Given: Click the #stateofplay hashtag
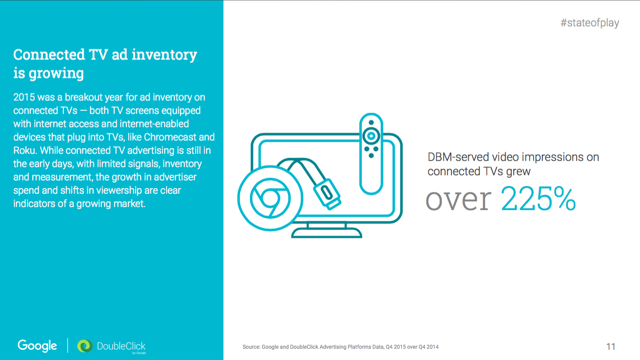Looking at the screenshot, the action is [590, 23].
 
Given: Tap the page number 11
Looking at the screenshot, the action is [610, 347].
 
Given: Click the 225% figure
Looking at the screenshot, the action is [538, 199].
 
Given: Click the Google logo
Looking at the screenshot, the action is [37, 346].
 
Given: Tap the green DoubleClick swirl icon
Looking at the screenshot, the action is [85, 346].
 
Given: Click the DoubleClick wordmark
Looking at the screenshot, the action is [121, 346].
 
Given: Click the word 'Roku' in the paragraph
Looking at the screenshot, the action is [24, 150].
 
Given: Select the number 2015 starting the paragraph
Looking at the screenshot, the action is [24, 97].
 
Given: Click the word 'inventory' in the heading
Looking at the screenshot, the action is [164, 55].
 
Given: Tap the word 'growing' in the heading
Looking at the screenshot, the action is [56, 74].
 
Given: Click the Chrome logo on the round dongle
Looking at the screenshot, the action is [270, 198].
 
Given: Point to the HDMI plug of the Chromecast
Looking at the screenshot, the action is [327, 194].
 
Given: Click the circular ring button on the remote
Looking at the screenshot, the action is [371, 136].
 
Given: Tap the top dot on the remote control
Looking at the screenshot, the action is [371, 123].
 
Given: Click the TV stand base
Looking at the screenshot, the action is [327, 233].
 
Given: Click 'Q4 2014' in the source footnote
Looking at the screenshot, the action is [428, 347].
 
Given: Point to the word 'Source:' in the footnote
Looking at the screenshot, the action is [251, 347].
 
